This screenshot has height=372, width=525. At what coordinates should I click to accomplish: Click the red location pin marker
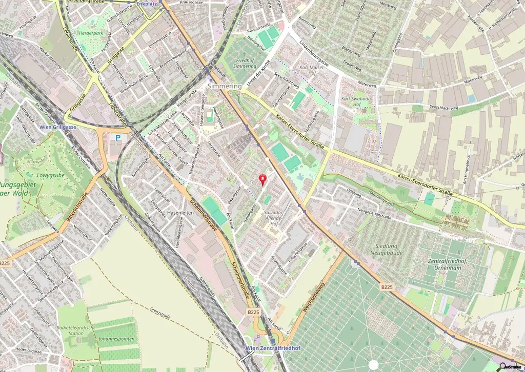[264, 179]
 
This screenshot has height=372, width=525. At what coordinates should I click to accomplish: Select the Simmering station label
[225, 87]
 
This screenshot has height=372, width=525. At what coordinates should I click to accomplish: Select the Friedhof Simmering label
[245, 63]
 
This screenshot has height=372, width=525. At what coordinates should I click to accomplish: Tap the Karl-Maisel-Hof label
[312, 70]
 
